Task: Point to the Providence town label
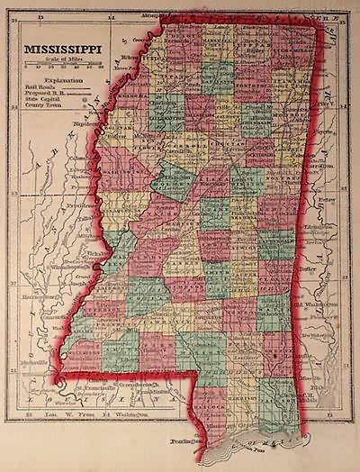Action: pos(76,204)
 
